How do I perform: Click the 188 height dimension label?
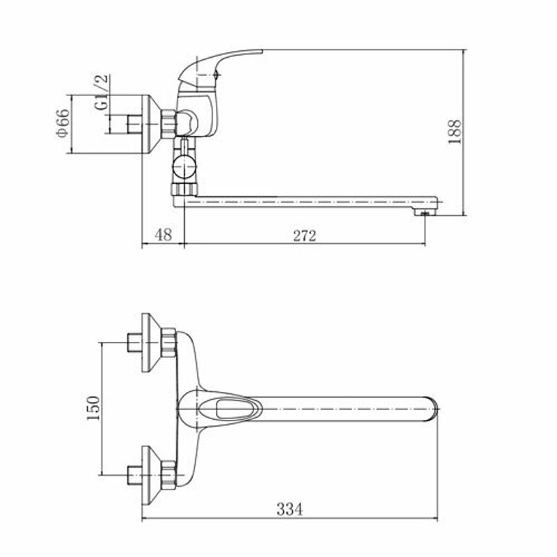[455, 132]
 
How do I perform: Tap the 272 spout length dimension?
[304, 235]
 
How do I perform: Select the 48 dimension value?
[164, 235]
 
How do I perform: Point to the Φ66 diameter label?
[62, 123]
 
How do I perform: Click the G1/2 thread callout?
[102, 93]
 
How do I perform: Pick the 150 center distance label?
[93, 408]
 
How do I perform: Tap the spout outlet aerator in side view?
[425, 212]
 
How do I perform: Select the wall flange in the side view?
[150, 124]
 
